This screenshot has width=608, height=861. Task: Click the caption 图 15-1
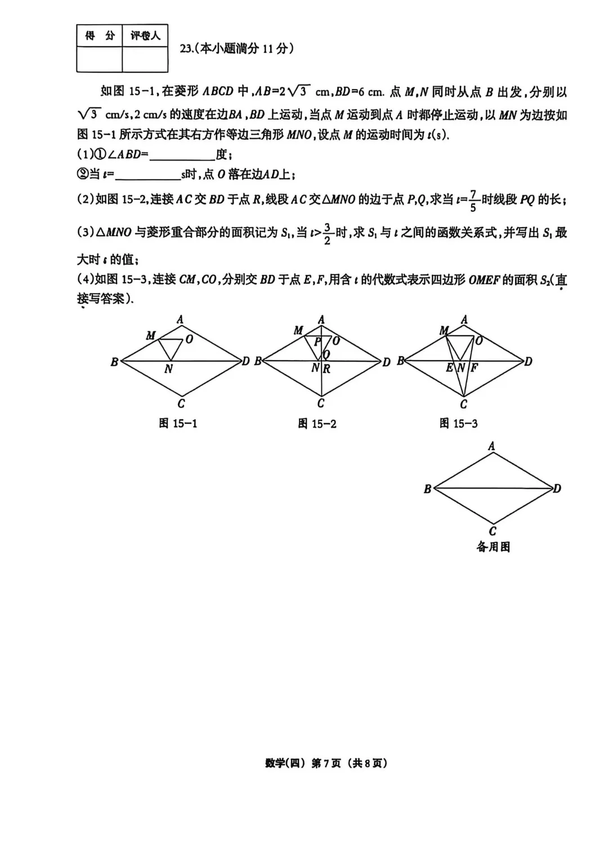(178, 424)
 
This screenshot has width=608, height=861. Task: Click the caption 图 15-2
(317, 424)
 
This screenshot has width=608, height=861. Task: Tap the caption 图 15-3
(458, 424)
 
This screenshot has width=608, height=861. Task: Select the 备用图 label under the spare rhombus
(493, 547)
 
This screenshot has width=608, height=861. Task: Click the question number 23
(186, 49)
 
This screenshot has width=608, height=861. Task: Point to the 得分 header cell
(99, 36)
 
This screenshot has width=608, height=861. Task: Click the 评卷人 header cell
(145, 36)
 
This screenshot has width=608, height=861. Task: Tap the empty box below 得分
(99, 59)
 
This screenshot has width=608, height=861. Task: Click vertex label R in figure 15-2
(327, 369)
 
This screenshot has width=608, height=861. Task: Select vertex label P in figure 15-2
(317, 341)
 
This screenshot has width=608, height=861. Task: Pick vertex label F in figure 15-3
(474, 369)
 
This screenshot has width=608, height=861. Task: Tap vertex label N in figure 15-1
(168, 370)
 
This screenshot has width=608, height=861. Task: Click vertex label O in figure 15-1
(189, 339)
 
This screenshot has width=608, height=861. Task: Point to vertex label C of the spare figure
(493, 531)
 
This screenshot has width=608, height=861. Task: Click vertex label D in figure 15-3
(528, 362)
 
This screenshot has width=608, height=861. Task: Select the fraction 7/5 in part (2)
(473, 201)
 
